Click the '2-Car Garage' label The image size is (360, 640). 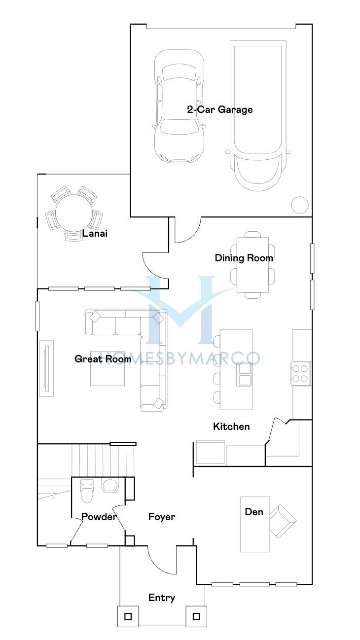coord(220,110)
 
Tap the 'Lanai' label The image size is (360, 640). coord(95,233)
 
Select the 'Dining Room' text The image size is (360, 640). coord(244,258)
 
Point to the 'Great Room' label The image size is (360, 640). coord(103,359)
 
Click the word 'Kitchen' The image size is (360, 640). coord(231,427)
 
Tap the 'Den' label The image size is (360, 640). coord(254,512)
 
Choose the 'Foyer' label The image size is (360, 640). coord(162,517)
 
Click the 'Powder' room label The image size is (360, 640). coord(99,517)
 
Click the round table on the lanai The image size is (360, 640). coord(72,213)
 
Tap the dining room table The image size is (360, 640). coord(252,265)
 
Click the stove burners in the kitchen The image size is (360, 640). coord(300,373)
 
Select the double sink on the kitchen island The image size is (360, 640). coord(244,375)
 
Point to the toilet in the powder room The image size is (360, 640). coord(87,491)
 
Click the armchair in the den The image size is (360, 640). coord(283,521)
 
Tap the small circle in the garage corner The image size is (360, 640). coord(300,205)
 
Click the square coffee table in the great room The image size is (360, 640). coord(108,369)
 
